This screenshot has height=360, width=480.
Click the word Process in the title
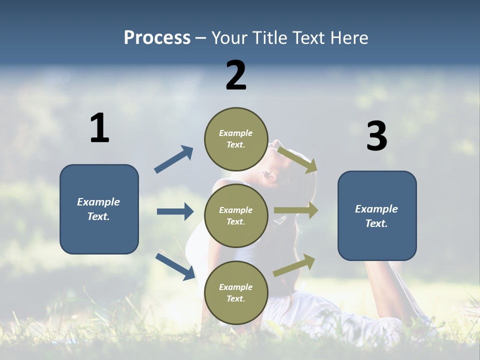[x=157, y=37]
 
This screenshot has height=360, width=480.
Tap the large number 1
[x=99, y=128]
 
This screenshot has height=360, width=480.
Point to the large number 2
[x=236, y=75]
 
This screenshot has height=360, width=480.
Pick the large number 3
[x=376, y=136]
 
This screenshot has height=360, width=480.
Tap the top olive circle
[x=236, y=139]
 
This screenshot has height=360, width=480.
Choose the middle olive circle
[x=236, y=215]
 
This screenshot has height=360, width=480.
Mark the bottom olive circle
[x=236, y=292]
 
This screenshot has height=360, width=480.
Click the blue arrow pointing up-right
[x=174, y=159]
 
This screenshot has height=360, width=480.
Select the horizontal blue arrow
[x=175, y=211]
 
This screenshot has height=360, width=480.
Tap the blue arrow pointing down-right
[x=175, y=266]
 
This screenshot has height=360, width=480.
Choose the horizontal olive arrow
[x=296, y=210]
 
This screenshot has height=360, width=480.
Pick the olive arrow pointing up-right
[x=294, y=265]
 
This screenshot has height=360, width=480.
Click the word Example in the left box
[x=98, y=202]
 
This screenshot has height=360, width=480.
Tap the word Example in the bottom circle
[x=235, y=287]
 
